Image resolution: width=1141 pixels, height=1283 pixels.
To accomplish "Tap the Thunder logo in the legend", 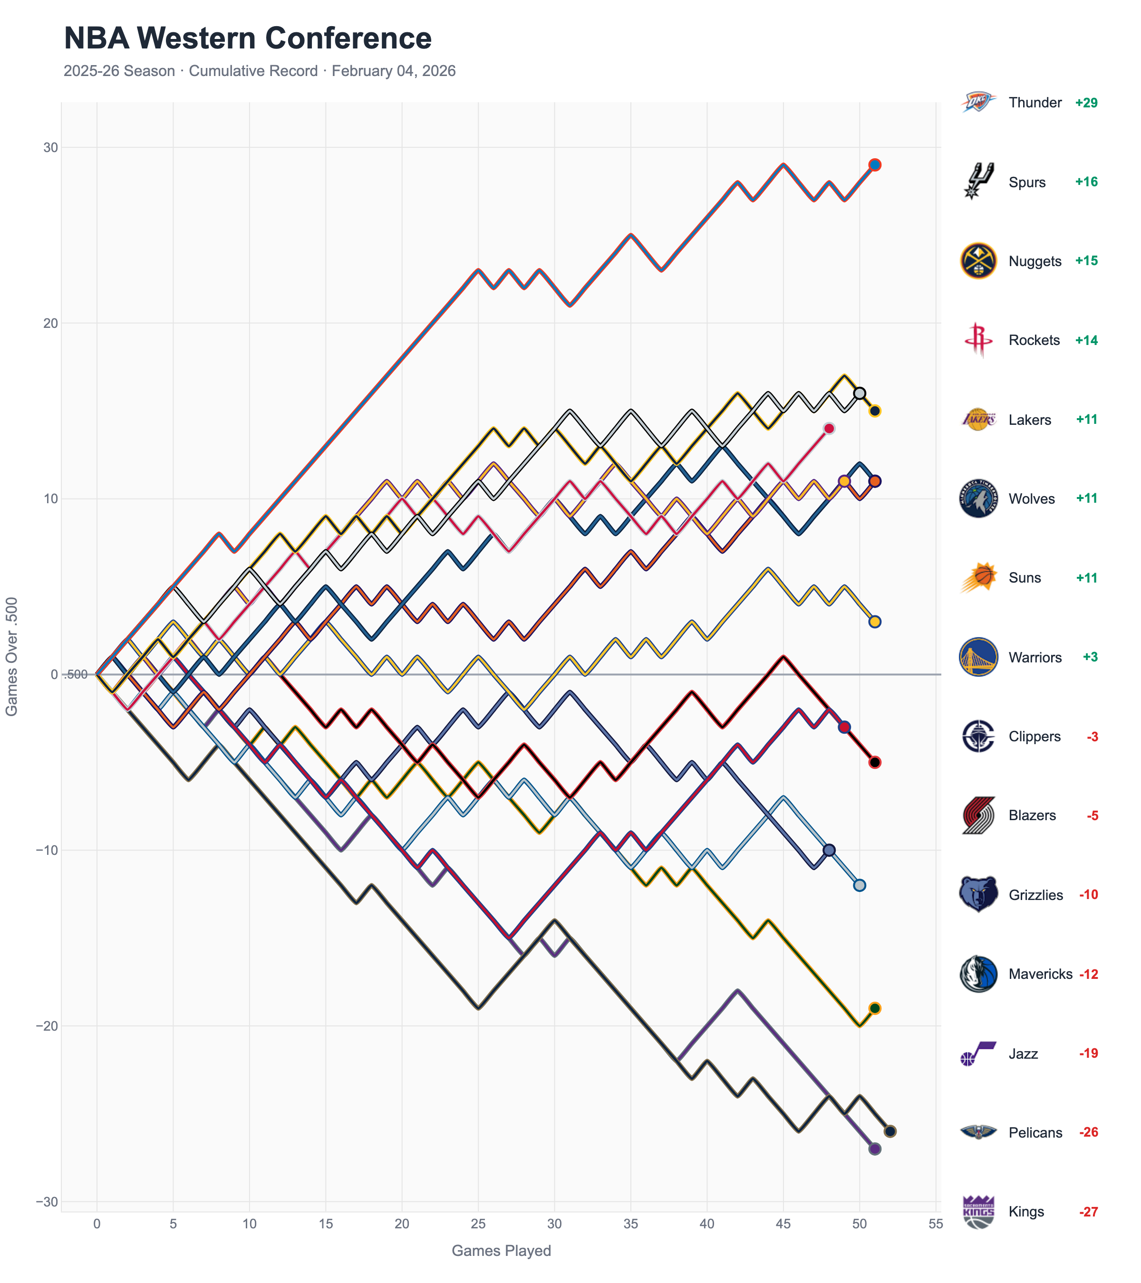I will [x=978, y=102].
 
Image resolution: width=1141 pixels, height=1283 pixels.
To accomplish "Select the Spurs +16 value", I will [x=1086, y=182].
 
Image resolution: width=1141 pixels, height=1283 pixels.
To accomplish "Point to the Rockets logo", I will [x=978, y=340].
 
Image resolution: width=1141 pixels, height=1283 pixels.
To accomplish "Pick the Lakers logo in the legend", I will [x=978, y=419].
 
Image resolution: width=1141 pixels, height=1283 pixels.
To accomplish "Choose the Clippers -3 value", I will [x=1092, y=736].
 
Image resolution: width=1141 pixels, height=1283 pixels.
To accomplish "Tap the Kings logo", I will [x=978, y=1211].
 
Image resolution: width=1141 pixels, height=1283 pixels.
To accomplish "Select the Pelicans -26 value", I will [x=1088, y=1132].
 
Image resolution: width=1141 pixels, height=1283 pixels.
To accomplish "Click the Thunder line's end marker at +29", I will [x=874, y=165].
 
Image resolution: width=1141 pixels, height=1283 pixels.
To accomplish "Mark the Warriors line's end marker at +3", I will [x=874, y=622].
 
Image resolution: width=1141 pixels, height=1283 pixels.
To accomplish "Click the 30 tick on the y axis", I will [x=50, y=147].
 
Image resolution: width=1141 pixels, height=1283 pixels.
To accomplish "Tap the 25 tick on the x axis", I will [x=478, y=1224].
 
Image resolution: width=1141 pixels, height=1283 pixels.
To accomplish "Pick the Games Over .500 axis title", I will [x=11, y=656].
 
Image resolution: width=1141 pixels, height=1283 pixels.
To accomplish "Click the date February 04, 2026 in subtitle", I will [x=393, y=71].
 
